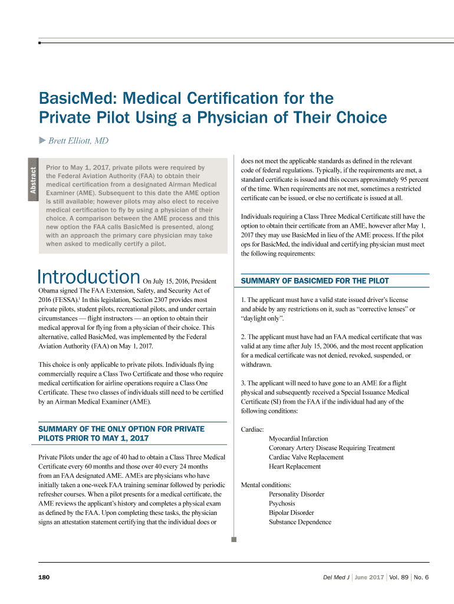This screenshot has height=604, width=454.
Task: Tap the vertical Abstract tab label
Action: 34,180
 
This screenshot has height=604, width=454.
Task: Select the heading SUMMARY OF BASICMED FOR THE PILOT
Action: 315,281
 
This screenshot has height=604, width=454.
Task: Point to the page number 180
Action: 44,577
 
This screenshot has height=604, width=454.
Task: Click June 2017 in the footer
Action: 369,577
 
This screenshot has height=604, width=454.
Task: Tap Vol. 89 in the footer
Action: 399,577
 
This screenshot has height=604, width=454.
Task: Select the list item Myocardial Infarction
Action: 298,439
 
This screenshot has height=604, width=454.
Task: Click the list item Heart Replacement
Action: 295,467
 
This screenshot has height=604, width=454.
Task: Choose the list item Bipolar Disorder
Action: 291,513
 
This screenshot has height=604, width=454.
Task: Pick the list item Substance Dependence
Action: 300,522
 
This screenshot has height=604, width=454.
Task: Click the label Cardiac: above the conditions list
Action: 252,429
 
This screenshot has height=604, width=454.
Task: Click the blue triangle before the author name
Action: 42,140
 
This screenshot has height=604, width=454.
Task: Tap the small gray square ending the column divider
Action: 234,539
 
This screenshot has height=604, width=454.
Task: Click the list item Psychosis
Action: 282,504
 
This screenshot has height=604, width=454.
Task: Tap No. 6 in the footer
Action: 422,577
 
